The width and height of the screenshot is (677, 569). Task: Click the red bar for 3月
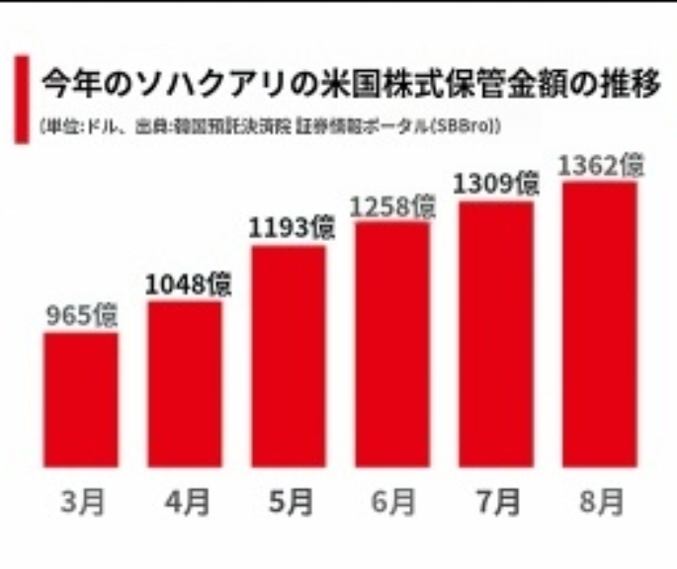[80, 399]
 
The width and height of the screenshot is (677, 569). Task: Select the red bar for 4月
[185, 384]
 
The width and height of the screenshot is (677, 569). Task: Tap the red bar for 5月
[288, 356]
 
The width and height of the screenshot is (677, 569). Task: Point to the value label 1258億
[393, 205]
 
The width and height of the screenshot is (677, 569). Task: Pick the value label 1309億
[496, 184]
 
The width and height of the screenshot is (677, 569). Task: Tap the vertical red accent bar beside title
[22, 99]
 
